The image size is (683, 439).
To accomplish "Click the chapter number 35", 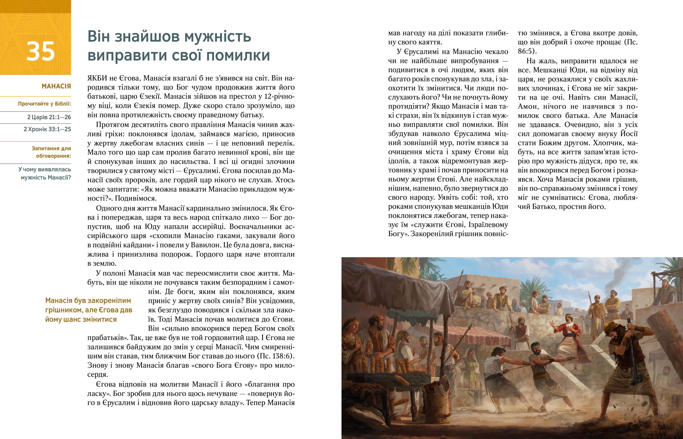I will click(x=40, y=51).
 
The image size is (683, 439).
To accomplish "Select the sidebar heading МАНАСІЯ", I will click(x=56, y=86).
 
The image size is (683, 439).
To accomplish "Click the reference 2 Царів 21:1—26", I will click(x=49, y=117).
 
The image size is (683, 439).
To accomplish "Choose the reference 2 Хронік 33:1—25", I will click(x=47, y=129).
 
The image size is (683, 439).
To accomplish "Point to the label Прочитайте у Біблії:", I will click(x=44, y=104).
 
